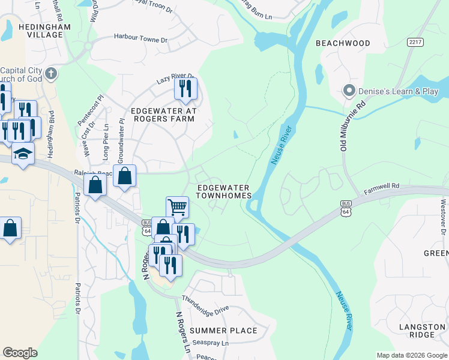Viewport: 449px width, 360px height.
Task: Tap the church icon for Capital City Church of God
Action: point(52,74)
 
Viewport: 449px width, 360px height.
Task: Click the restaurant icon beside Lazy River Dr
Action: point(185,89)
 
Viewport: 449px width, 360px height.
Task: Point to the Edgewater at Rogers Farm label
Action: point(163,115)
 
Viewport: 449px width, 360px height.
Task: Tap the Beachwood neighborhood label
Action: point(343,43)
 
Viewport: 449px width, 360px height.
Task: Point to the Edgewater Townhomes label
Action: point(223,192)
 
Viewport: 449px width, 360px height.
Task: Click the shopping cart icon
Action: point(177,207)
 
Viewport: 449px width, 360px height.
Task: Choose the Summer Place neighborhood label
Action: point(223,331)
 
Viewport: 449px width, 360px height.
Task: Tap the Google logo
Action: point(20,353)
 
